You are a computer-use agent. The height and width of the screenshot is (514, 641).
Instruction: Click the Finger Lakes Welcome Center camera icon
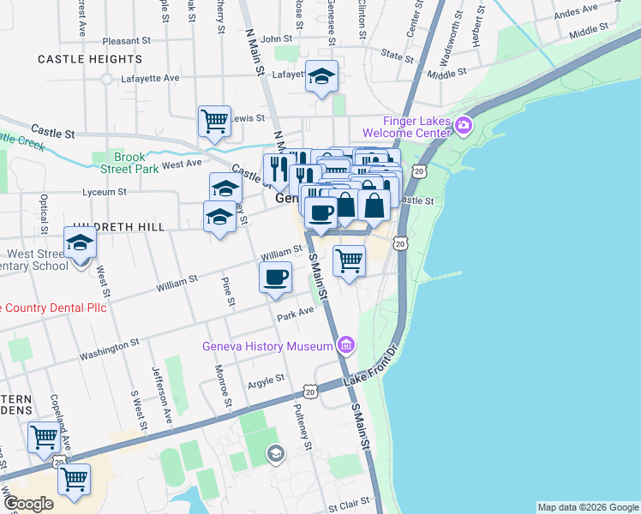464,126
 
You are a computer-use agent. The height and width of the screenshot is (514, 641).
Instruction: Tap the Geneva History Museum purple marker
346,345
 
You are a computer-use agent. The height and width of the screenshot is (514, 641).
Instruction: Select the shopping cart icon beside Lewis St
213,120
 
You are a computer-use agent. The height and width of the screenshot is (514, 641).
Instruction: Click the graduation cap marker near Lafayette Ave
321,78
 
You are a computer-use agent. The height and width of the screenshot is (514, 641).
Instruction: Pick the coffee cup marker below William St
275,278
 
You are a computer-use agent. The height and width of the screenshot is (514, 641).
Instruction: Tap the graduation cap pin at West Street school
80,243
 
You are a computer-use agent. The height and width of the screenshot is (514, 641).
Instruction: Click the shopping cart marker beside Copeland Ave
44,437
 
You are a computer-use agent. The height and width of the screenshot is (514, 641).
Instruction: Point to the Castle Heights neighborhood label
90,59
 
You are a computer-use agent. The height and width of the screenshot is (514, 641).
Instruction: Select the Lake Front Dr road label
373,368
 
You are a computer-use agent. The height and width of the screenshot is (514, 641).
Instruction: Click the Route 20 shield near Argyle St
309,391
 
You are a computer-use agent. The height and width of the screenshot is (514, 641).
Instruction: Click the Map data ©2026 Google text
588,507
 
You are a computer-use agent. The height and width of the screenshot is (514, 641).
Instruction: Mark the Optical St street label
43,213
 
